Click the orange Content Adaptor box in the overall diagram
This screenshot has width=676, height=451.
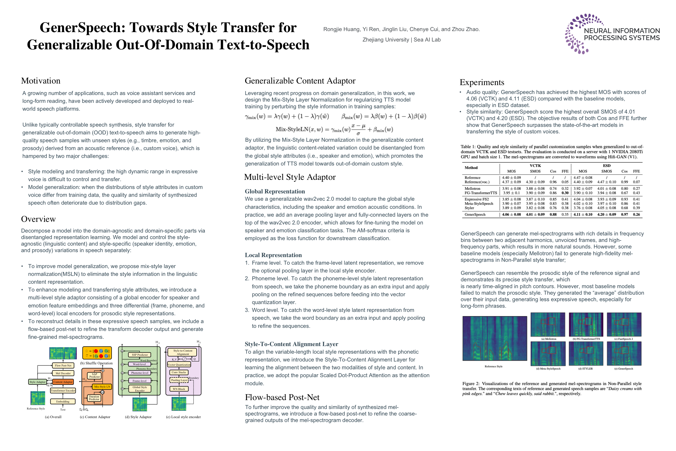point(63,382)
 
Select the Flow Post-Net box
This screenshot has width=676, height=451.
point(63,366)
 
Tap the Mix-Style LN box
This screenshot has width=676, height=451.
point(102,387)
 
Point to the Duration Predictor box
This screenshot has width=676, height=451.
point(94,398)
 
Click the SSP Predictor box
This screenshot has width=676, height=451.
point(140,355)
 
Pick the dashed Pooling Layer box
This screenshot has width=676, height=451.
point(179,380)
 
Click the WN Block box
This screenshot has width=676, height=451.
point(179,389)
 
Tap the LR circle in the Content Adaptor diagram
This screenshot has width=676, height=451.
point(102,392)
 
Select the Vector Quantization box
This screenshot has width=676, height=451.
point(179,365)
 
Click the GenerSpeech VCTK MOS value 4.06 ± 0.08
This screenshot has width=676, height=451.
point(511,215)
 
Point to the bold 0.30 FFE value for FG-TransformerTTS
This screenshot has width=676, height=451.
point(565,193)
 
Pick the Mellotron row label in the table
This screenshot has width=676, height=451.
point(472,189)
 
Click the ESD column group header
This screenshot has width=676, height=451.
point(606,166)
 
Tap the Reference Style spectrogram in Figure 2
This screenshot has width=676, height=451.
point(495,338)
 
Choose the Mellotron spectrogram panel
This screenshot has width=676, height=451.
point(548,324)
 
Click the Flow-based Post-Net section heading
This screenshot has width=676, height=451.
point(282,397)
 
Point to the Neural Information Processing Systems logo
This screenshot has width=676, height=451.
point(612,34)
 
